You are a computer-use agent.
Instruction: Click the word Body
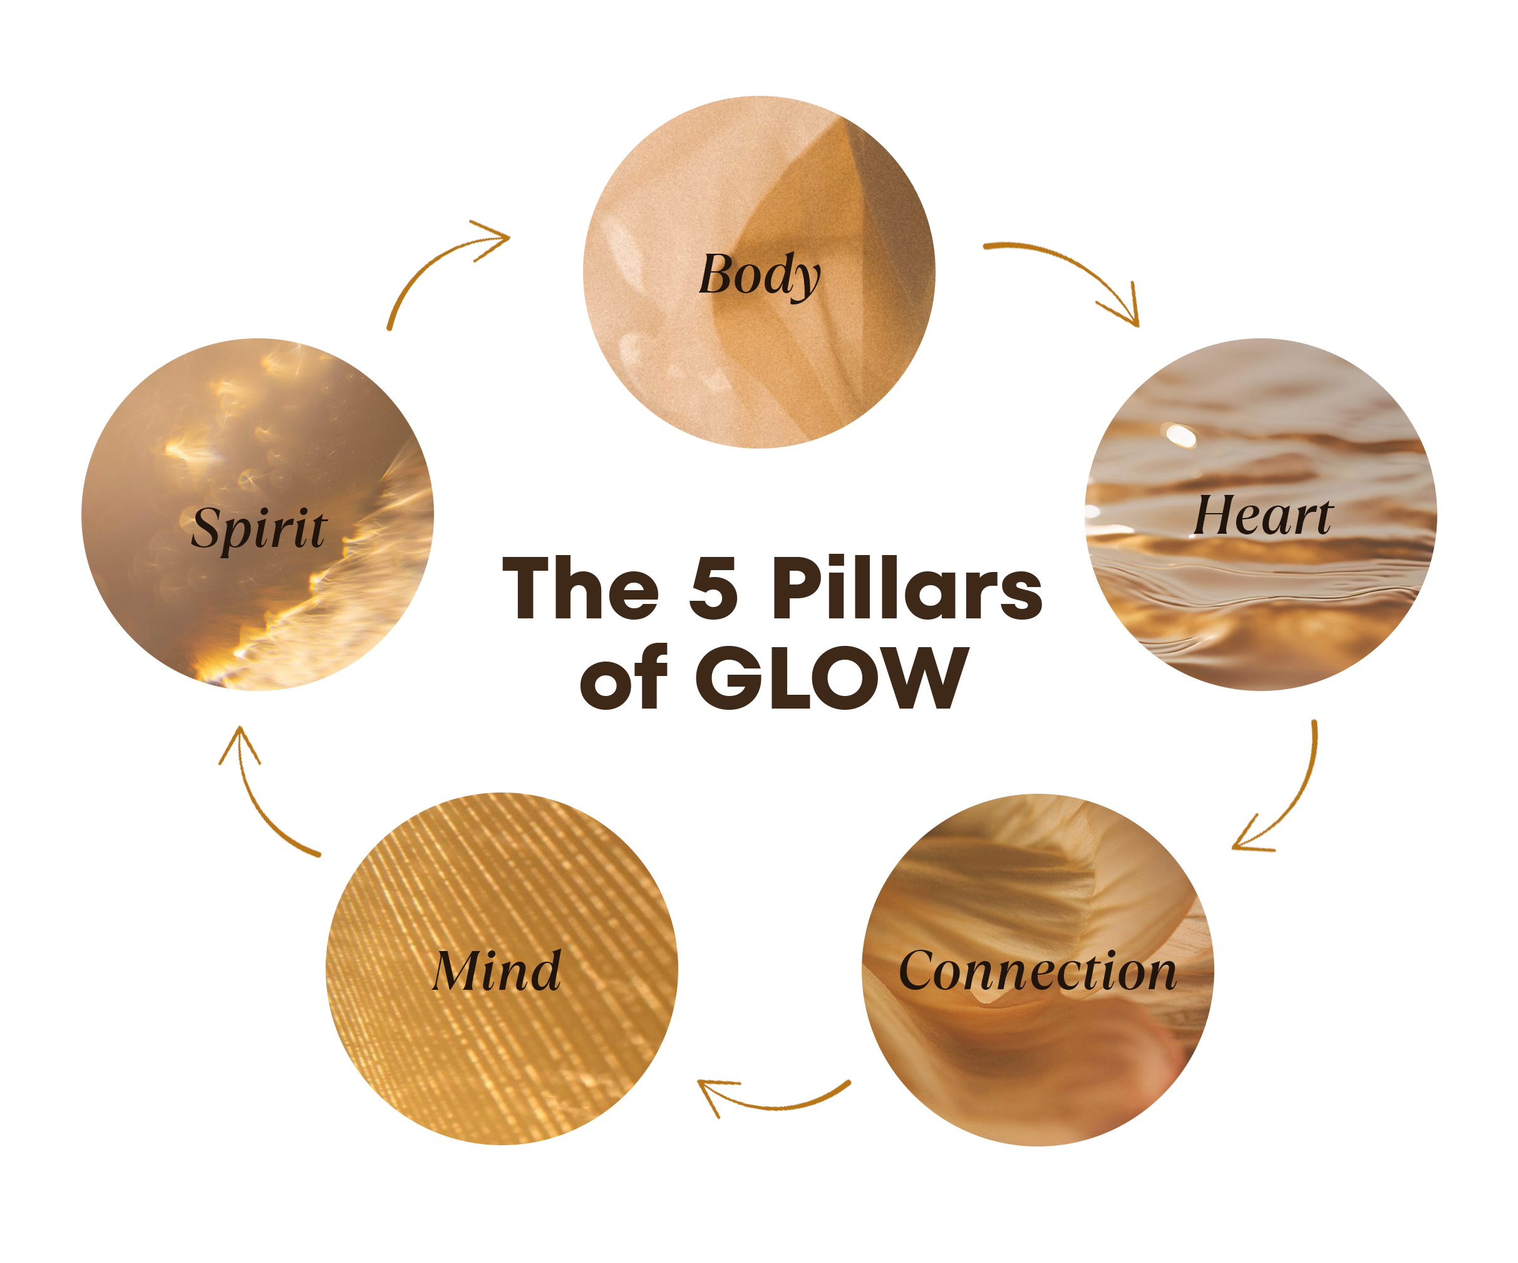pyautogui.click(x=759, y=276)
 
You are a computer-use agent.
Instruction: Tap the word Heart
pyautogui.click(x=1261, y=516)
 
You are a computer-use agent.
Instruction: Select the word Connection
pyautogui.click(x=1037, y=972)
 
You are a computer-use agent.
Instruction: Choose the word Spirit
pyautogui.click(x=259, y=527)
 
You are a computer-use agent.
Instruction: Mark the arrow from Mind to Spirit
pyautogui.click(x=253, y=803)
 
